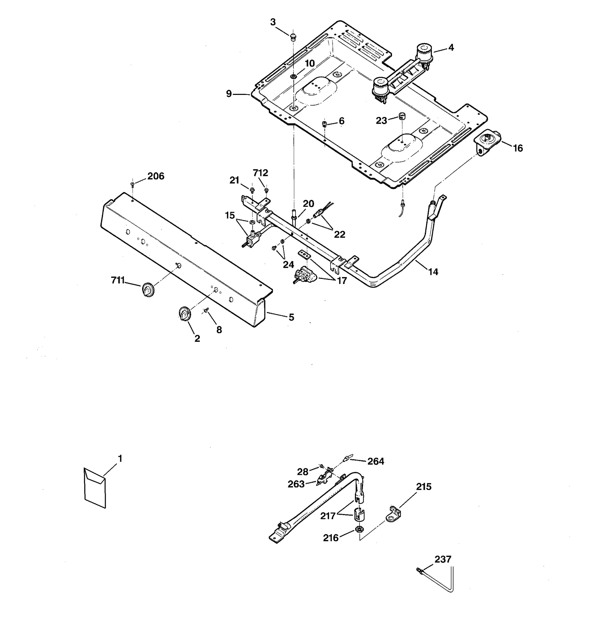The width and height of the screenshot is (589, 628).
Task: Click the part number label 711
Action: click(x=118, y=280)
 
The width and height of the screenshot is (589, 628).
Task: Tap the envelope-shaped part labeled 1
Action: click(x=95, y=488)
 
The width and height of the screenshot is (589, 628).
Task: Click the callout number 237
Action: click(x=442, y=560)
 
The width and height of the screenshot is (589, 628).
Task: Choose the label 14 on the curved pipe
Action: click(x=433, y=272)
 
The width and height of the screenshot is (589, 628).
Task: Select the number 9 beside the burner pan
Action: click(x=229, y=94)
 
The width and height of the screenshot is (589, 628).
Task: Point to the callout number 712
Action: click(x=260, y=173)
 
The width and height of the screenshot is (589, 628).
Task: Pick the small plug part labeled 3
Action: click(x=293, y=36)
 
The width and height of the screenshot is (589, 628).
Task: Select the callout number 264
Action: click(x=376, y=461)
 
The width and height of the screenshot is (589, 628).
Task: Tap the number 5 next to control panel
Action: click(x=291, y=317)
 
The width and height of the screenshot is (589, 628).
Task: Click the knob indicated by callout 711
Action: click(x=148, y=290)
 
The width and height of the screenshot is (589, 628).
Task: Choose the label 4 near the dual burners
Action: click(x=451, y=47)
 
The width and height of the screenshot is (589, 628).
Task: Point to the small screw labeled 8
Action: click(x=206, y=311)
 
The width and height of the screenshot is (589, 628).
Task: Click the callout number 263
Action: click(x=296, y=484)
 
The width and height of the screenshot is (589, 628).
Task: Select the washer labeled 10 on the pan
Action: click(x=294, y=77)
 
